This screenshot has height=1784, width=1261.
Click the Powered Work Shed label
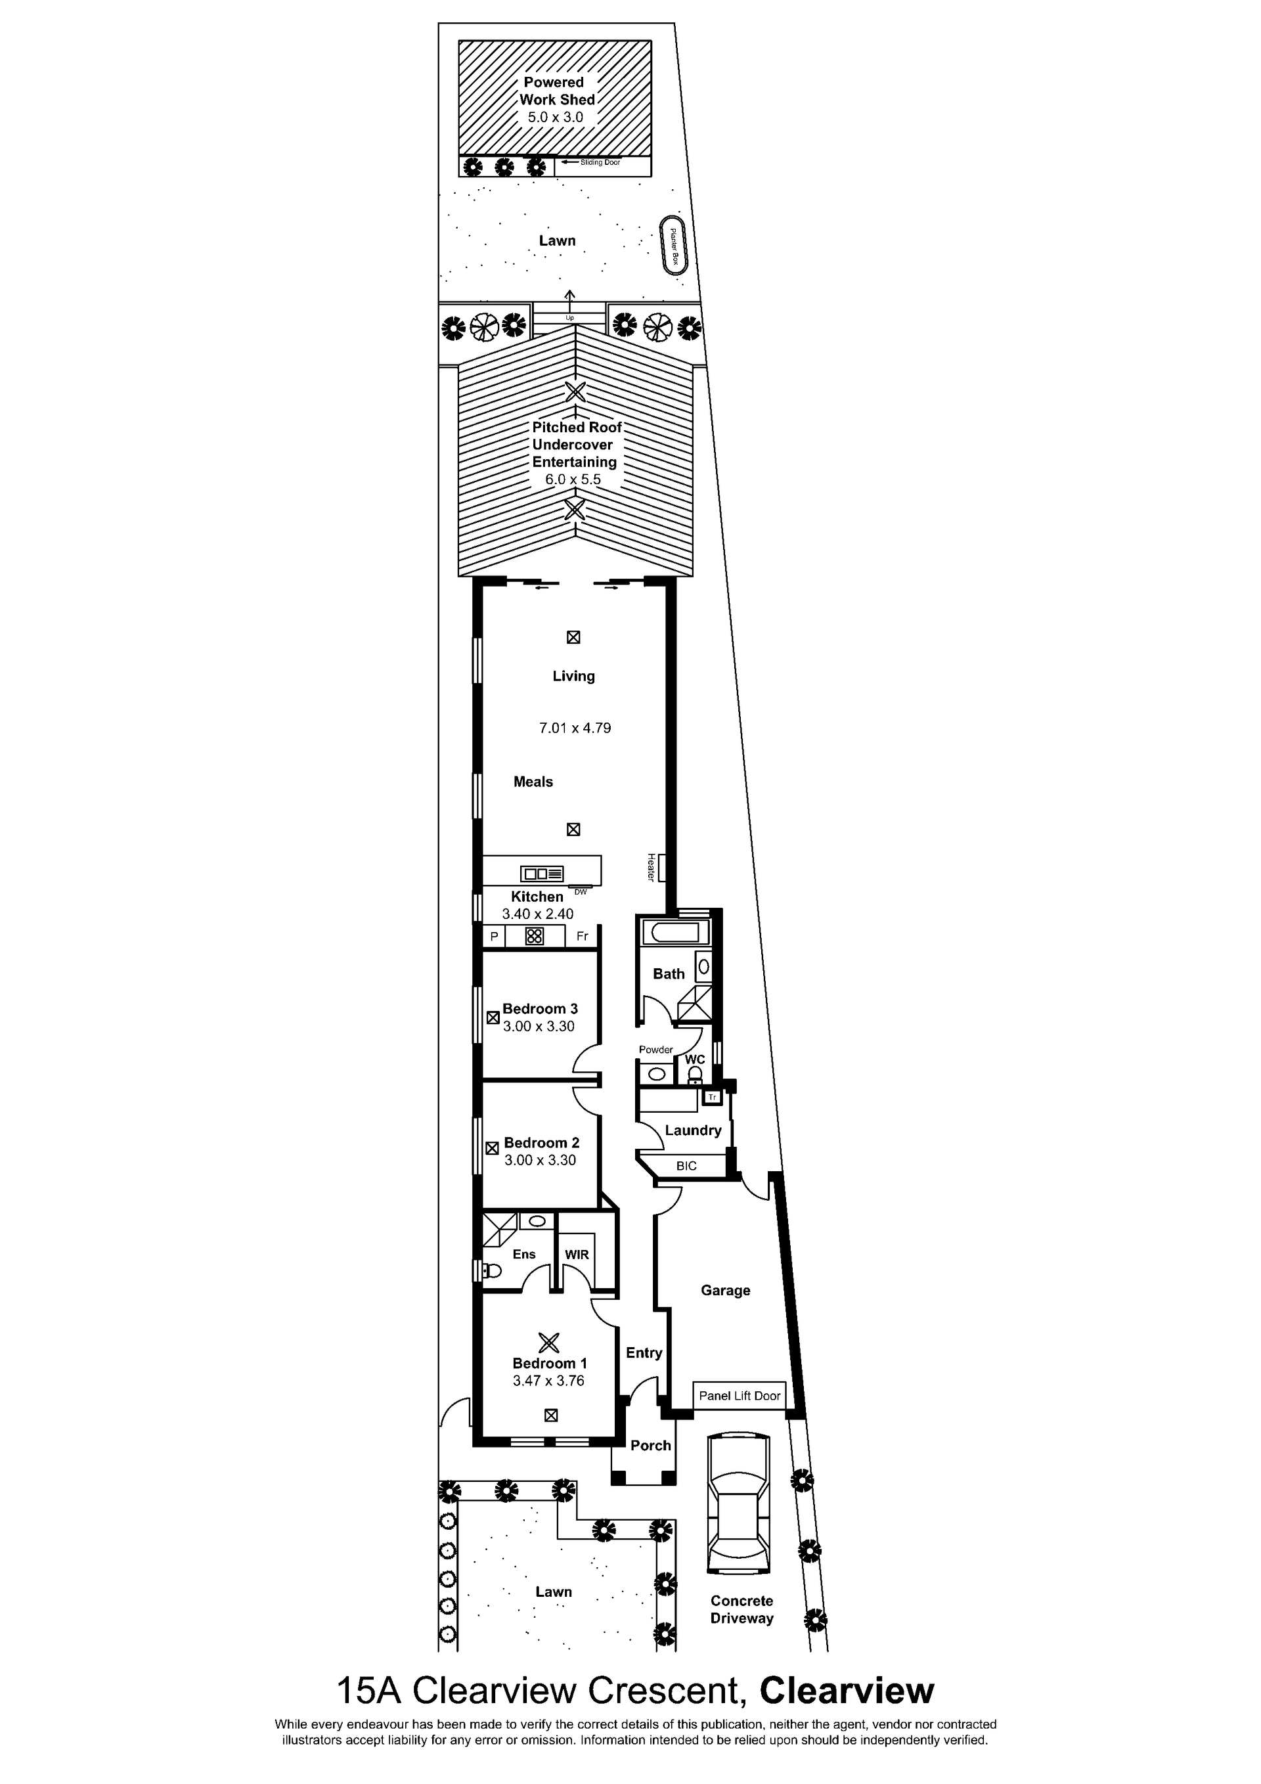click(x=557, y=91)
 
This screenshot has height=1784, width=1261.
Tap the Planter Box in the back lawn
click(x=675, y=245)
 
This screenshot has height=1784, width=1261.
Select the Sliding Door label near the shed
click(x=600, y=162)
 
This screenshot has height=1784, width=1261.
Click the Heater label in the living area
click(x=650, y=867)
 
